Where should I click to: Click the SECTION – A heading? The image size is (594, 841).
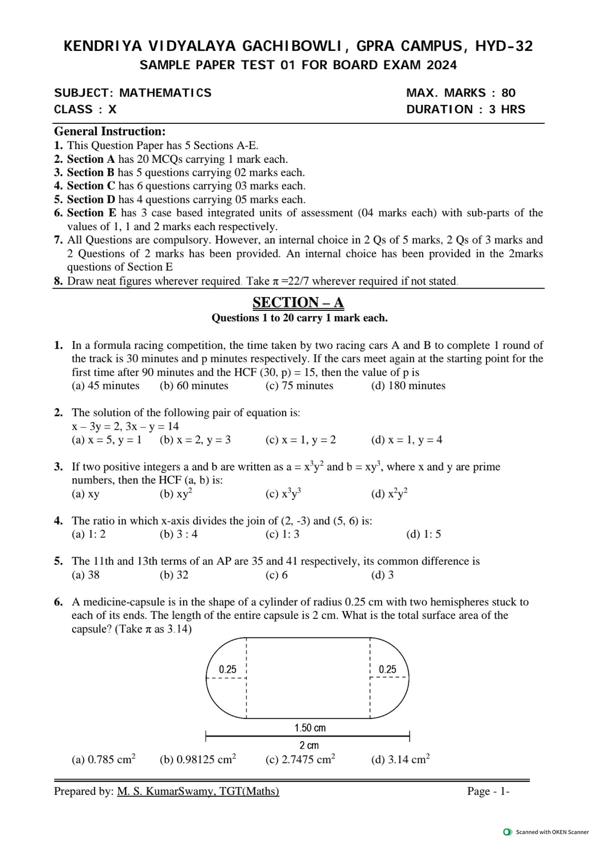coord(298,302)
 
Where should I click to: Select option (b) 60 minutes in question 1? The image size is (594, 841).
coord(194,386)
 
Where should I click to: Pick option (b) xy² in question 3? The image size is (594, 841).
coord(176,494)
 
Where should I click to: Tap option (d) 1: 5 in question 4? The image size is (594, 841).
coord(423,534)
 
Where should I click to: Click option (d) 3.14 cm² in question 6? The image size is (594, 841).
coord(400,759)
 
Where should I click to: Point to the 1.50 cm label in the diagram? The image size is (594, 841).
coord(310,728)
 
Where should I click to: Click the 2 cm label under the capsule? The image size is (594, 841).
coord(309,745)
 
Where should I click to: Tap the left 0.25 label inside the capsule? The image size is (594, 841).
coord(228,669)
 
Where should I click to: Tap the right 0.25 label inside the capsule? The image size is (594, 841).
coord(387,669)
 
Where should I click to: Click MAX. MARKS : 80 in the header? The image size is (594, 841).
coord(460,93)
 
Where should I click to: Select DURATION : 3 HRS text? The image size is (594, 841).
coord(465,109)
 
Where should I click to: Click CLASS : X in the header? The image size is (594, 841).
coord(85,109)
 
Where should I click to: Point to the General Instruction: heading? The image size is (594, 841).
coord(109,131)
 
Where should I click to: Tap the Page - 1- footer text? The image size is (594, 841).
coord(488,792)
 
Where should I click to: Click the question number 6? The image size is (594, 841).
coord(58,602)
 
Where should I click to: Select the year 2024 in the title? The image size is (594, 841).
coord(442,65)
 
